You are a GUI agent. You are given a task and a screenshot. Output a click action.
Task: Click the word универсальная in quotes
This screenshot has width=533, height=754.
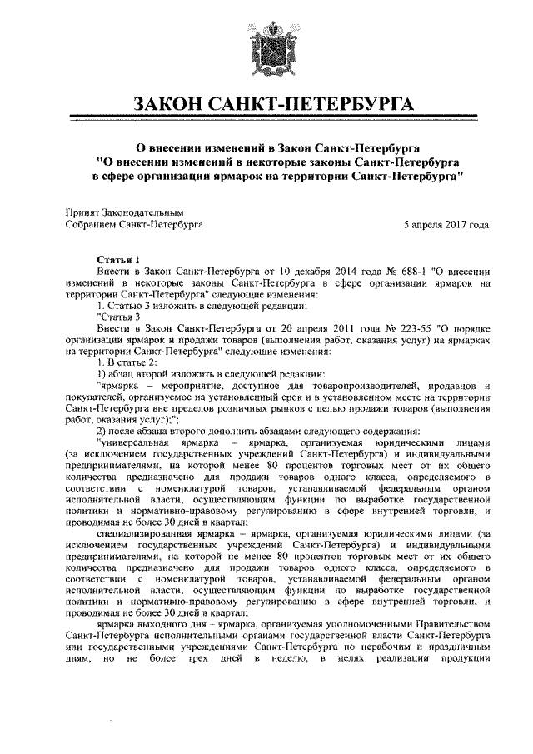pyautogui.click(x=134, y=442)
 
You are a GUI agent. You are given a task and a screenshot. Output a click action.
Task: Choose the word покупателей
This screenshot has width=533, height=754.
pyautogui.click(x=94, y=397)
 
